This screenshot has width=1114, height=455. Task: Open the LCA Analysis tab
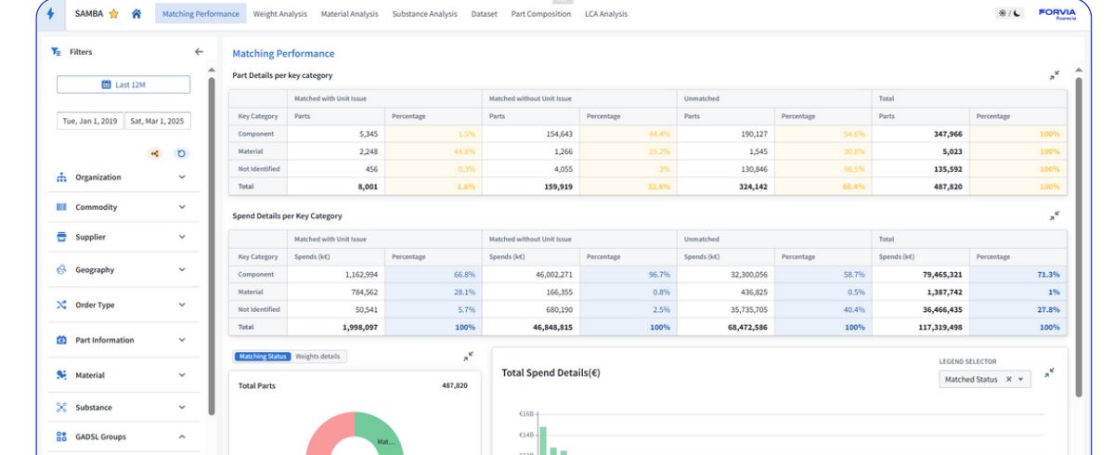pyautogui.click(x=606, y=14)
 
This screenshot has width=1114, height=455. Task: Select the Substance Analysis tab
pyautogui.click(x=424, y=14)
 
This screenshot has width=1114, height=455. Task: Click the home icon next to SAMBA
pyautogui.click(x=136, y=14)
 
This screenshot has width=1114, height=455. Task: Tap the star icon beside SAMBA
pyautogui.click(x=113, y=14)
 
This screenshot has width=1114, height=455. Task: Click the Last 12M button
pyautogui.click(x=123, y=84)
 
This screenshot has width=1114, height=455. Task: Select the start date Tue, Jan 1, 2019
pyautogui.click(x=89, y=121)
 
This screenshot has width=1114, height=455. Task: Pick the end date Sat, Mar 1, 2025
pyautogui.click(x=157, y=121)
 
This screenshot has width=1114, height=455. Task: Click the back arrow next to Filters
pyautogui.click(x=199, y=52)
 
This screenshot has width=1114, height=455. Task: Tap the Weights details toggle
pyautogui.click(x=317, y=357)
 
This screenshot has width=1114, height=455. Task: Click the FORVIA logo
pyautogui.click(x=1057, y=13)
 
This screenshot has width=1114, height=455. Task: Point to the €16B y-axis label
pyautogui.click(x=526, y=414)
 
